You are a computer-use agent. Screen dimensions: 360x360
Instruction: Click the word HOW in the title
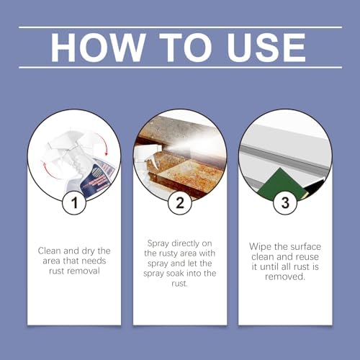[x=98, y=48]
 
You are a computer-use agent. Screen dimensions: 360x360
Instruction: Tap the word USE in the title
[x=266, y=48]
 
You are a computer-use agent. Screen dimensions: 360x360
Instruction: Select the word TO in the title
[x=186, y=48]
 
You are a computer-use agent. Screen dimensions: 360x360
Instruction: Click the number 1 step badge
[x=74, y=203]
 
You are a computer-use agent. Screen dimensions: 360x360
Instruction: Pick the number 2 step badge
[x=180, y=203]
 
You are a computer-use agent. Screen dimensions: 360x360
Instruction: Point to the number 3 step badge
[x=285, y=203]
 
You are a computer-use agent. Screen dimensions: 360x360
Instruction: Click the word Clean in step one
[x=50, y=251]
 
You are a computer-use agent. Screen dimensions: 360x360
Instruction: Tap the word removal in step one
[x=83, y=271]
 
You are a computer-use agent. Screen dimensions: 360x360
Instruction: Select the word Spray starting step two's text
[x=158, y=244]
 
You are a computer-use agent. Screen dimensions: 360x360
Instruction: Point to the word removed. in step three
[x=285, y=276]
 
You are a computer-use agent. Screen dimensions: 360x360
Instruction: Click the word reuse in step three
[x=307, y=257]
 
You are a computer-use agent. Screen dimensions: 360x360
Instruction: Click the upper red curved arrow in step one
[x=101, y=143]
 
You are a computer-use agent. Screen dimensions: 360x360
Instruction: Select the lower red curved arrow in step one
[x=48, y=171]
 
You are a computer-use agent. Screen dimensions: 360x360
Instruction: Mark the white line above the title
[x=180, y=27]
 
